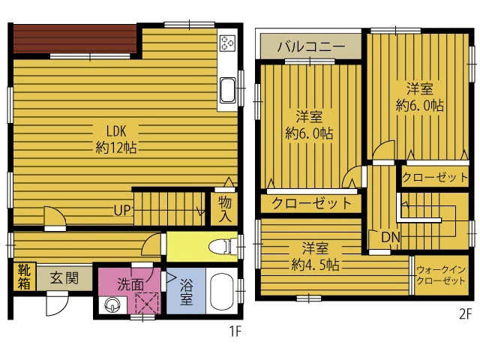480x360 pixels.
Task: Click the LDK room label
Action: click(x=116, y=139)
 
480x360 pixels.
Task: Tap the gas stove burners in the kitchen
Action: click(x=227, y=43)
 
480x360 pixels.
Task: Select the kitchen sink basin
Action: click(x=228, y=90)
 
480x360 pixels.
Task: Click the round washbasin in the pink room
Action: click(x=112, y=304)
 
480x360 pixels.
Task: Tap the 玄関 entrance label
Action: click(x=64, y=278)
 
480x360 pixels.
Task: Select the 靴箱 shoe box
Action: click(x=24, y=276)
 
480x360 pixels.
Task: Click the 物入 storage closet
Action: click(x=225, y=209)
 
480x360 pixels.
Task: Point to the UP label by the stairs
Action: click(x=122, y=210)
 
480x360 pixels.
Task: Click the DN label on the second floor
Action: click(x=391, y=237)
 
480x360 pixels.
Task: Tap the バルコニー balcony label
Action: click(x=311, y=46)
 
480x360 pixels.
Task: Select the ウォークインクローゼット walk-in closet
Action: click(x=442, y=275)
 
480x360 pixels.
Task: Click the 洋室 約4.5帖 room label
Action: click(x=315, y=256)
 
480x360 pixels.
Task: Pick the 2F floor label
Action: click(x=466, y=315)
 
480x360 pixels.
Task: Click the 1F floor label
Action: click(x=235, y=331)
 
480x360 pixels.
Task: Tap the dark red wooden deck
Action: click(x=75, y=38)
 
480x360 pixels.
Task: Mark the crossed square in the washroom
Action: click(x=147, y=303)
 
